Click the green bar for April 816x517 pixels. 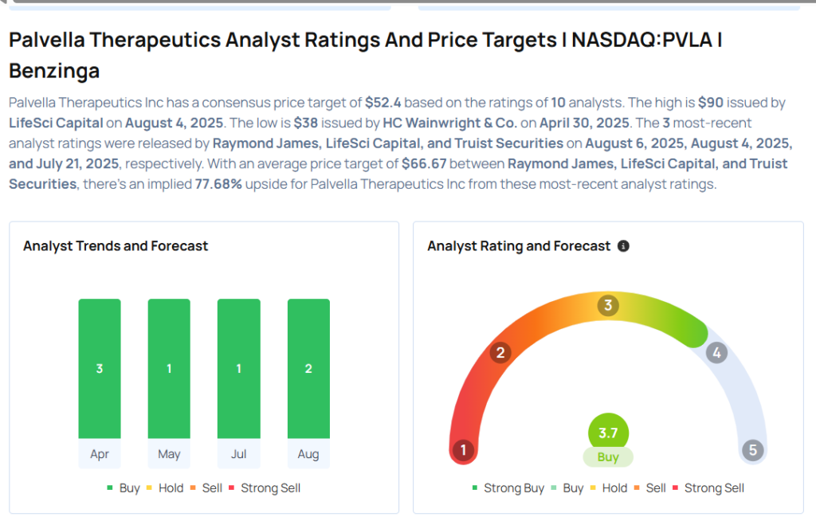100,368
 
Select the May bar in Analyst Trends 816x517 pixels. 169,368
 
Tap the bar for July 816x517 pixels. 238,368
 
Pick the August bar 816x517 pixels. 308,368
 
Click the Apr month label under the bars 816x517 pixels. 100,454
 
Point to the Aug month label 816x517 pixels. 308,454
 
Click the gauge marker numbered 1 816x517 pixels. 463,451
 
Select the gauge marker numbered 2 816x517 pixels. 500,352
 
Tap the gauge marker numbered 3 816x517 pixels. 608,305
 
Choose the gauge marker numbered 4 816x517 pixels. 716,352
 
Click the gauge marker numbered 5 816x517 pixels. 752,451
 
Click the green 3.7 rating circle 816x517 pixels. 608,433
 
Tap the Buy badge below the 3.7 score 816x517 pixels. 608,457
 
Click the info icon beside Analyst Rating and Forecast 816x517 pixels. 623,246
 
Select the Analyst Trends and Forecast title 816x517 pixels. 116,246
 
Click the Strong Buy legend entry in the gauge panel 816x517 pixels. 508,488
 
